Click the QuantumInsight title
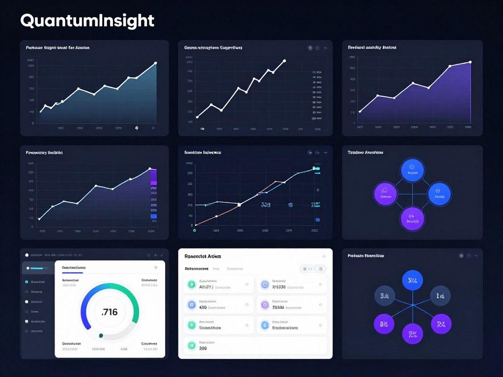[87, 21]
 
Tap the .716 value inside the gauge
[109, 312]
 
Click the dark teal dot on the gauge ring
[101, 336]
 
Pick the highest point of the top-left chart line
[155, 63]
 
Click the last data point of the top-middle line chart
[284, 61]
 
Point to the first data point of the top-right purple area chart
[360, 111]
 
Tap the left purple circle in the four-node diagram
[385, 193]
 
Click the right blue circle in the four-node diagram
[439, 193]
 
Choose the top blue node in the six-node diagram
[412, 280]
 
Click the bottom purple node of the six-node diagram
[412, 334]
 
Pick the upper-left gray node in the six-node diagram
[385, 296]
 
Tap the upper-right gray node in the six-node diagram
[441, 296]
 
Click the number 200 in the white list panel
[203, 348]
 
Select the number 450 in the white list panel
[202, 307]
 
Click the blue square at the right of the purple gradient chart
[154, 216]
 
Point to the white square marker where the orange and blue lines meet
[239, 204]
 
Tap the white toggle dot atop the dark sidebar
[27, 255]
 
